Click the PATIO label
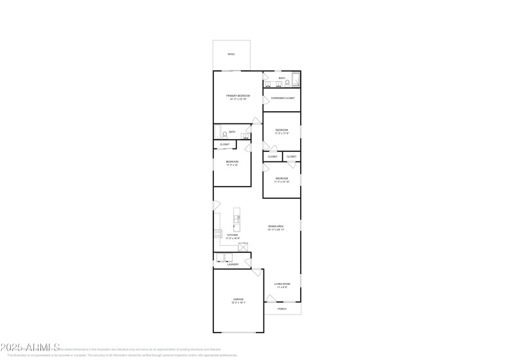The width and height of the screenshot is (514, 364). [231, 54]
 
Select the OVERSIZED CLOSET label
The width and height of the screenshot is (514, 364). [283, 98]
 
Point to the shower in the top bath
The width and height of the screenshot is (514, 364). [295, 80]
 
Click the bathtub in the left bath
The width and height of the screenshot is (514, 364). [220, 133]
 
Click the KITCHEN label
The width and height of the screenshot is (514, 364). [233, 236]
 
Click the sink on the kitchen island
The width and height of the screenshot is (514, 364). [236, 218]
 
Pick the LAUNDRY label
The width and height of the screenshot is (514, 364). [233, 264]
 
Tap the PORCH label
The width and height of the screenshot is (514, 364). [282, 309]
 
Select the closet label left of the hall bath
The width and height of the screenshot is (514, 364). [225, 145]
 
